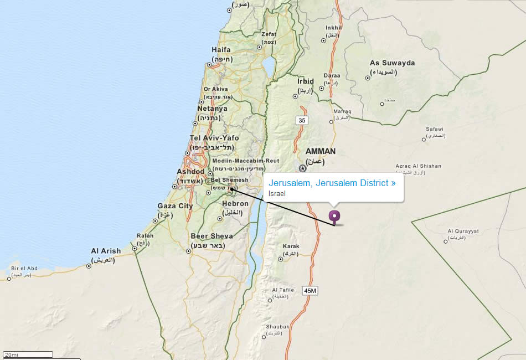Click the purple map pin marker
[x=334, y=217]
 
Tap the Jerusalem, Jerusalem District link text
[x=332, y=183]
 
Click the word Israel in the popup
[x=277, y=194]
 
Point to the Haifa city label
[x=221, y=50]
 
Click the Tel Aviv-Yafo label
[x=214, y=138]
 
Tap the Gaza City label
[x=175, y=206]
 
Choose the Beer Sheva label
[x=212, y=236]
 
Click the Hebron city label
[x=235, y=203]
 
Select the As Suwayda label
[x=392, y=63]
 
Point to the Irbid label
[x=306, y=81]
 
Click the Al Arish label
[x=106, y=251]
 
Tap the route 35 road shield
[x=302, y=120]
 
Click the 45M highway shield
[x=310, y=291]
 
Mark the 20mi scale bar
[x=28, y=354]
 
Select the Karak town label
[x=291, y=246]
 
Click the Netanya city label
[x=212, y=109]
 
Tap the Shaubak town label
[x=277, y=327]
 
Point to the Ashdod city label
[x=190, y=172]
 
